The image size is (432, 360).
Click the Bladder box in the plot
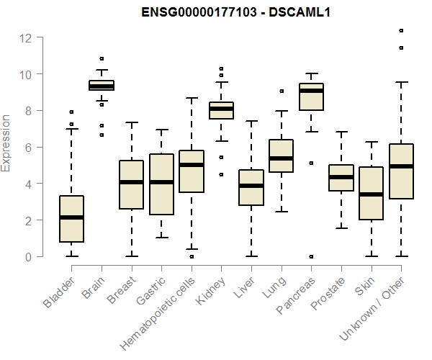71,219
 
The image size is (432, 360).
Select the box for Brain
102,86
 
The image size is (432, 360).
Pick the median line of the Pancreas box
311,91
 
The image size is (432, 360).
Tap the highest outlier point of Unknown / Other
401,30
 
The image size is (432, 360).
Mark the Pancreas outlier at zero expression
311,256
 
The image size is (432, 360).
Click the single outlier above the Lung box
282,91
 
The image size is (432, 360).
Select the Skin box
371,193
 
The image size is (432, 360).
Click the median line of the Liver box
251,186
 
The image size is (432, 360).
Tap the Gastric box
161,184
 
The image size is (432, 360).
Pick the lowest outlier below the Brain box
102,135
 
